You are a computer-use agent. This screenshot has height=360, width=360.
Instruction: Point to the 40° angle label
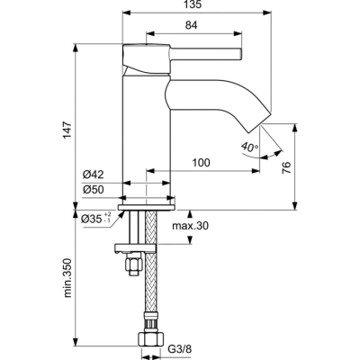(249, 147)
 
